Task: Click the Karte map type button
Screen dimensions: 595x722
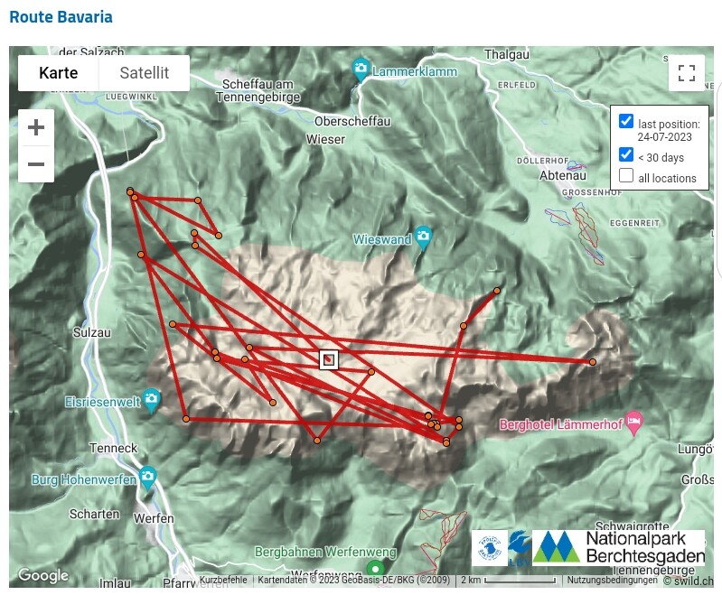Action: click(58, 73)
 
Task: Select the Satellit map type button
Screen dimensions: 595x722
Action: click(145, 73)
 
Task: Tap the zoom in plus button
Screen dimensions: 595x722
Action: click(36, 127)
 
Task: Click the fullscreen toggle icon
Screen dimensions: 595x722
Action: click(686, 73)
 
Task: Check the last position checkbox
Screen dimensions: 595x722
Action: click(625, 121)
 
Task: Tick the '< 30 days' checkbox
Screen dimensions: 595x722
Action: click(625, 154)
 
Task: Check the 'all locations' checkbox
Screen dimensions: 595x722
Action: click(625, 175)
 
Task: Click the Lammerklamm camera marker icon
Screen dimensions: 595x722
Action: click(361, 69)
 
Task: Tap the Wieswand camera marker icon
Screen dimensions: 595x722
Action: click(424, 237)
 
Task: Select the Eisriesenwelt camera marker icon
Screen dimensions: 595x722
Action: click(152, 400)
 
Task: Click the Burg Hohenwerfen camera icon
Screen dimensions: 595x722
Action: click(148, 478)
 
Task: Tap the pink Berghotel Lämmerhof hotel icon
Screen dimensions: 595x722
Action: click(634, 422)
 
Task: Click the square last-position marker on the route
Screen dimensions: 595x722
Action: click(329, 359)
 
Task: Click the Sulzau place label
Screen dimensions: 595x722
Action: click(91, 332)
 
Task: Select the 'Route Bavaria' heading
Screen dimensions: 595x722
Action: click(61, 17)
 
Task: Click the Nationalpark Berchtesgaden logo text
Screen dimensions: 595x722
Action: click(644, 547)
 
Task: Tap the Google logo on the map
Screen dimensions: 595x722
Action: click(42, 575)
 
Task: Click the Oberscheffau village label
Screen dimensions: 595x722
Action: click(352, 121)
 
